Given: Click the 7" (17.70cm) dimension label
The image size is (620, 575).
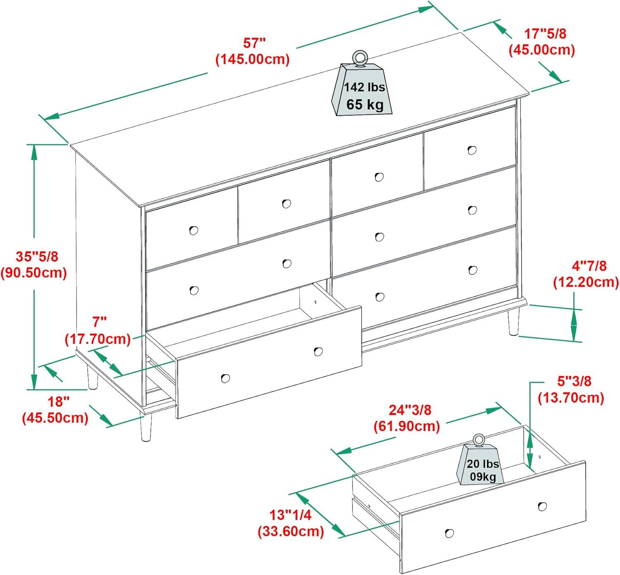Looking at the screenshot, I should point(98,330).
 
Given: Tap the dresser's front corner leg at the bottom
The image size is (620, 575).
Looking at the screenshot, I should point(145,427).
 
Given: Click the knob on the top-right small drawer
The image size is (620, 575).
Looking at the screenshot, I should point(472,150).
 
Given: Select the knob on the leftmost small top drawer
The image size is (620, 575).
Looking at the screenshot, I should point(193,230).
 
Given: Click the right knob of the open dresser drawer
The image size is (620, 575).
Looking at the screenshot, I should point(318,351).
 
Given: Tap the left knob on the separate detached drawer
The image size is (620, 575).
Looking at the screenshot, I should point(449,533).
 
